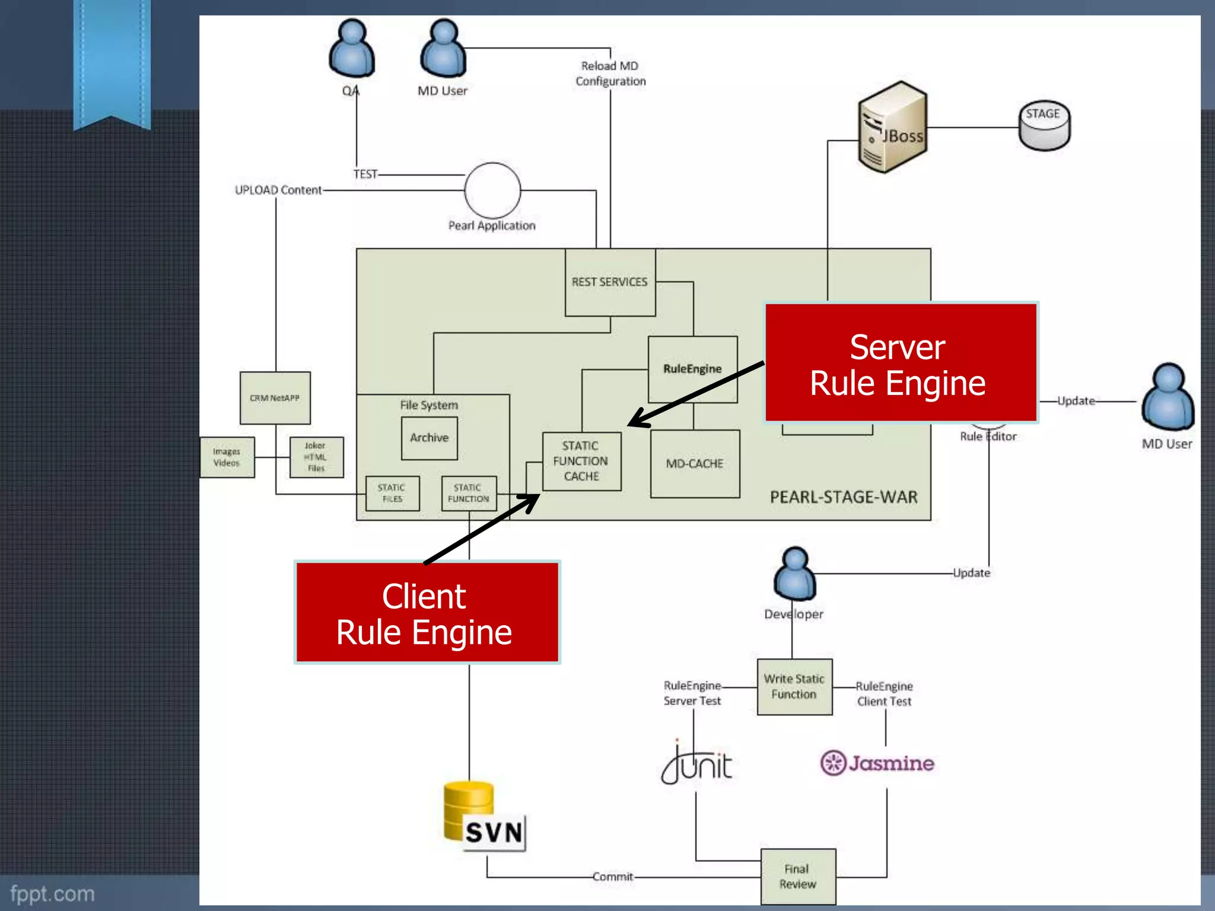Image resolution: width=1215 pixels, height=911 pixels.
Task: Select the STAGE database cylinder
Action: point(1044,125)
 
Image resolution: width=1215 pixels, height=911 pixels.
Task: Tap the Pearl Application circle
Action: point(492,190)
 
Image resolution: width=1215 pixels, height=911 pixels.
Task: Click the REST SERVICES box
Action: point(610,282)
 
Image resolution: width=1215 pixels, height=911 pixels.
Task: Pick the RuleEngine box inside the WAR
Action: point(692,369)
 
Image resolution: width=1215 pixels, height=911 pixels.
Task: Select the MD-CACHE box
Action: point(695,464)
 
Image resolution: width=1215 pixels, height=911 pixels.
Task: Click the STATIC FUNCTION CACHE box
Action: point(581,461)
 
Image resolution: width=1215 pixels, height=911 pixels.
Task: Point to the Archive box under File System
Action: point(429,438)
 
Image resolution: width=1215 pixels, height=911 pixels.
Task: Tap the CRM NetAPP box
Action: point(275,398)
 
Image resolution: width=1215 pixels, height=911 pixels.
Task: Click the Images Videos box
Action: point(227,457)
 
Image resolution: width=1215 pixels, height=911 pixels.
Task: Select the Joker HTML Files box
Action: point(316,457)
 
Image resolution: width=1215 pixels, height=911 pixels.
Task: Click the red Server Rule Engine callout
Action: point(900,363)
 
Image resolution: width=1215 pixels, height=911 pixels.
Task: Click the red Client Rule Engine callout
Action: point(427,613)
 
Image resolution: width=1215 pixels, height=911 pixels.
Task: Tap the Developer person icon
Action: point(794,574)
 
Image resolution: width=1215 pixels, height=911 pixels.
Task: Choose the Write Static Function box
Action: point(794,687)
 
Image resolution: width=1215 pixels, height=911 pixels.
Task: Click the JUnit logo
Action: point(697,764)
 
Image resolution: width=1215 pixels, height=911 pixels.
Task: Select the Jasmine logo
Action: point(877,763)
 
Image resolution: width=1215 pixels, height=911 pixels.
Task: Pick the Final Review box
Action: point(798,877)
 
